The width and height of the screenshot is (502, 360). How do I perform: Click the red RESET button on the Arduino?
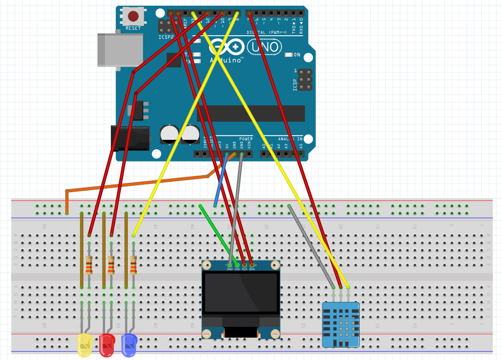coord(133,16)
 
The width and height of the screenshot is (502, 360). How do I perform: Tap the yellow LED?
coord(84,345)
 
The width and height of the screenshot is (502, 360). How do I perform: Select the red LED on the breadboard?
coord(107,345)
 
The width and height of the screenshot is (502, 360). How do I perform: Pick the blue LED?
coord(129,345)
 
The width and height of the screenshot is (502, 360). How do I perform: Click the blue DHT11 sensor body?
coord(341,324)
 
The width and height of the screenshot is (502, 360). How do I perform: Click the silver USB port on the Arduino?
coord(112,50)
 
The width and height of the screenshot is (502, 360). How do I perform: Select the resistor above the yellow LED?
coord(89,265)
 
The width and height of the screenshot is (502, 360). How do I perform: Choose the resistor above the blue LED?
coord(134,265)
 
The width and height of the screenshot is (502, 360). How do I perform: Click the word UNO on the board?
coord(265,48)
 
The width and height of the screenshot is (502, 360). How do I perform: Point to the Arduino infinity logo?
coord(227,48)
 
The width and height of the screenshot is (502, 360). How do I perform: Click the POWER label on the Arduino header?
coord(246,139)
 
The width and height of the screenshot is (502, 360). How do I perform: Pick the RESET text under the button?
coord(133,28)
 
